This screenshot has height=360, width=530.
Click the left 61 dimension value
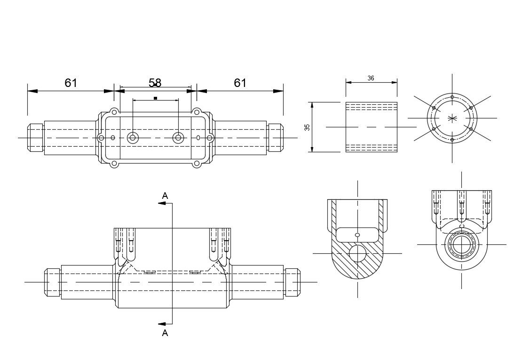coord(71,83)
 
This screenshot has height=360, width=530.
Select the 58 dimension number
coord(155,83)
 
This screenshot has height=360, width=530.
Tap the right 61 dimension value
coord(240,83)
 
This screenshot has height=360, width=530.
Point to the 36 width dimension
coord(371,78)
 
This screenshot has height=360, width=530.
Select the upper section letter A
coord(165,196)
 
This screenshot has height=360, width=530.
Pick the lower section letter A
coord(165,333)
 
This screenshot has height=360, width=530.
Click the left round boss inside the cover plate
coord(133,138)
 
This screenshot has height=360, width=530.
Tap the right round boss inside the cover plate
coord(178,138)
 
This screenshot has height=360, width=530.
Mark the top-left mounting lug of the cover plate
coord(113,112)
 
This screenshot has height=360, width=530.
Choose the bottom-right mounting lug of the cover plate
coord(196,164)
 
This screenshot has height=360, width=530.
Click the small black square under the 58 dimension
coord(155,98)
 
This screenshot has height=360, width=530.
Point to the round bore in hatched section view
coord(357,254)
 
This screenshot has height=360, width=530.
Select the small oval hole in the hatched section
coord(357,235)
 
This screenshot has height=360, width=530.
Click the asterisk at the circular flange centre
coord(452,118)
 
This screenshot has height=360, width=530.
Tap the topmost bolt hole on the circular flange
coord(452,97)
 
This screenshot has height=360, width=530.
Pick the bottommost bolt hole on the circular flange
coord(452,140)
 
